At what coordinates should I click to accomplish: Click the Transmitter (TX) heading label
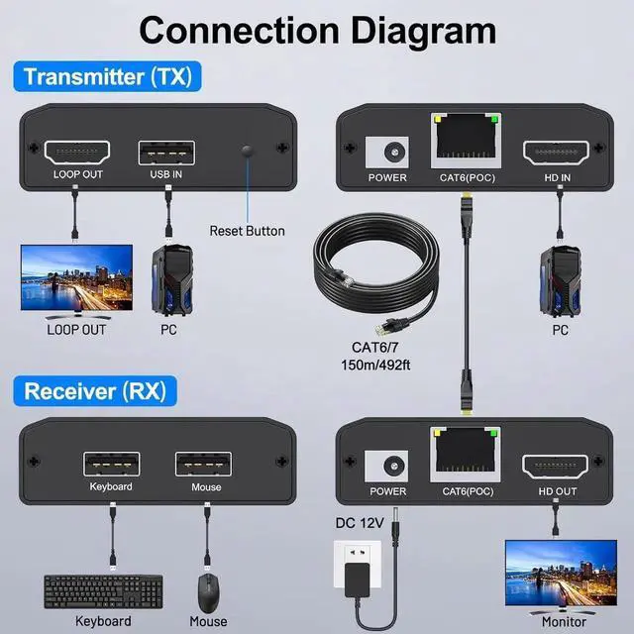pyautogui.click(x=107, y=76)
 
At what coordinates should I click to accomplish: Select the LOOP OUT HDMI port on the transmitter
pyautogui.click(x=78, y=153)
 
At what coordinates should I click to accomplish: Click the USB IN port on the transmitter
pyautogui.click(x=166, y=153)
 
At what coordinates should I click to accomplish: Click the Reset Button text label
pyautogui.click(x=247, y=231)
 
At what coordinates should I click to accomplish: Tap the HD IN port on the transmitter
pyautogui.click(x=556, y=153)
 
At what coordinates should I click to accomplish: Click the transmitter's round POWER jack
pyautogui.click(x=386, y=153)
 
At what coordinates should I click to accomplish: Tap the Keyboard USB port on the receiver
pyautogui.click(x=111, y=463)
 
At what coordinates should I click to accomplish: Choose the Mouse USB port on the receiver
pyautogui.click(x=205, y=463)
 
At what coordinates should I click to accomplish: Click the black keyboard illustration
pyautogui.click(x=102, y=590)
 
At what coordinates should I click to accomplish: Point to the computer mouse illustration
pyautogui.click(x=208, y=592)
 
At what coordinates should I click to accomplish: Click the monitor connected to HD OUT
pyautogui.click(x=554, y=572)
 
